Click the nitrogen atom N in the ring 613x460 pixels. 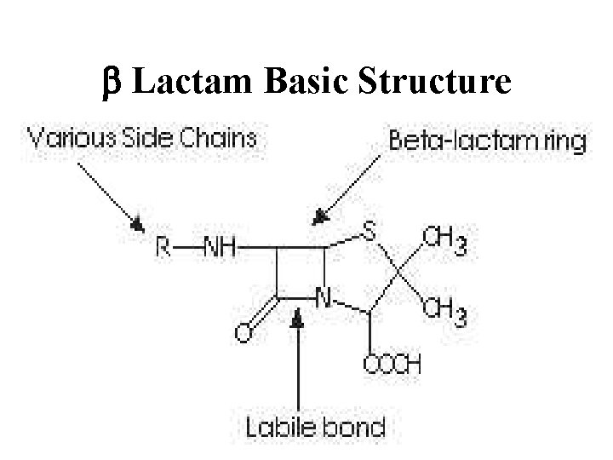tap(324, 298)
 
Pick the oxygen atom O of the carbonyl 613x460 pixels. tap(242, 333)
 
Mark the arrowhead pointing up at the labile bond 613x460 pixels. tap(298, 318)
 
